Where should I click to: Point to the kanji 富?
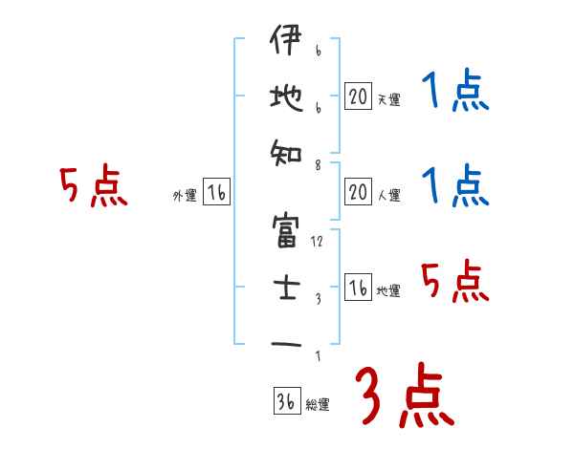click(x=287, y=231)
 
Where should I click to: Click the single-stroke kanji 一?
click(x=287, y=342)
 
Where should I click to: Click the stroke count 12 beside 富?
click(x=317, y=242)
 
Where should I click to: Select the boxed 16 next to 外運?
click(x=216, y=194)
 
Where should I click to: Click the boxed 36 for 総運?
click(x=286, y=401)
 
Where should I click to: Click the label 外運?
click(x=184, y=197)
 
